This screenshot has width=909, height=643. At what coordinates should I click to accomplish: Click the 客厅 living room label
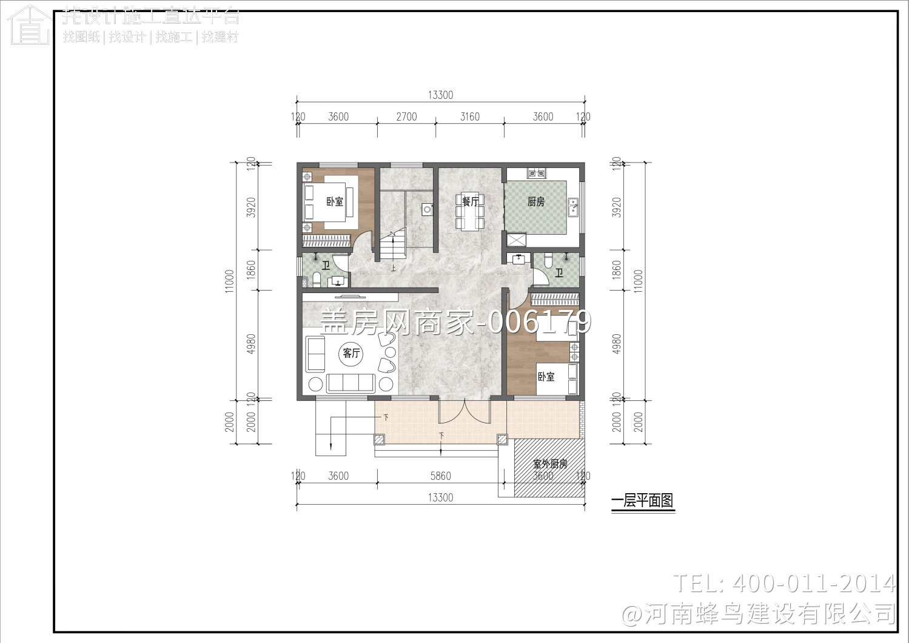[351, 353]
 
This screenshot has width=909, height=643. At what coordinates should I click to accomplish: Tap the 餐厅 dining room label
[470, 201]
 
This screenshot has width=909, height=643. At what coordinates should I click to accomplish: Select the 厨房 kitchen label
[535, 201]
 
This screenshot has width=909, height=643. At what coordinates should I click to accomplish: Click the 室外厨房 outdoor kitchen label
[550, 464]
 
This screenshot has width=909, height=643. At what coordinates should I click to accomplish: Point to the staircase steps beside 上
[392, 246]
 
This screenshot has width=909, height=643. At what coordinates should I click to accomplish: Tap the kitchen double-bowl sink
[573, 207]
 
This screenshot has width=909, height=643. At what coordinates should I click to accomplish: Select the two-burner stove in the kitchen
[536, 173]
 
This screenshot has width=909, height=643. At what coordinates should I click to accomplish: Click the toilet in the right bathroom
[549, 260]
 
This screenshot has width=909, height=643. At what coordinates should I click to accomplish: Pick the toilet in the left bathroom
[316, 280]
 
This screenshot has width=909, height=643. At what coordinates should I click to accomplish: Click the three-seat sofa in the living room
[351, 383]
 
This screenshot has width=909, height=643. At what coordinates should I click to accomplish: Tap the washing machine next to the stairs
[428, 210]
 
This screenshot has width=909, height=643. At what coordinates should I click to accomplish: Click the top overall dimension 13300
[440, 95]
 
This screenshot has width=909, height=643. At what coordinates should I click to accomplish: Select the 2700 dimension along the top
[406, 116]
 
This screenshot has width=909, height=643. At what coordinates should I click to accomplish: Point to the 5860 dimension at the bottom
[440, 476]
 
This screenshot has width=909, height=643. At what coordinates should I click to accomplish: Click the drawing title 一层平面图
[642, 501]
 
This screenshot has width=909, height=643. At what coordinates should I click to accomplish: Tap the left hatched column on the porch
[380, 439]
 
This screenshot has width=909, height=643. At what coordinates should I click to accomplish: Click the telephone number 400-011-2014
[813, 584]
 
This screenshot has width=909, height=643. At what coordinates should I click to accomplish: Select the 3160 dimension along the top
[470, 116]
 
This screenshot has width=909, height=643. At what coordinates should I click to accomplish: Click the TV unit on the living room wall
[350, 297]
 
